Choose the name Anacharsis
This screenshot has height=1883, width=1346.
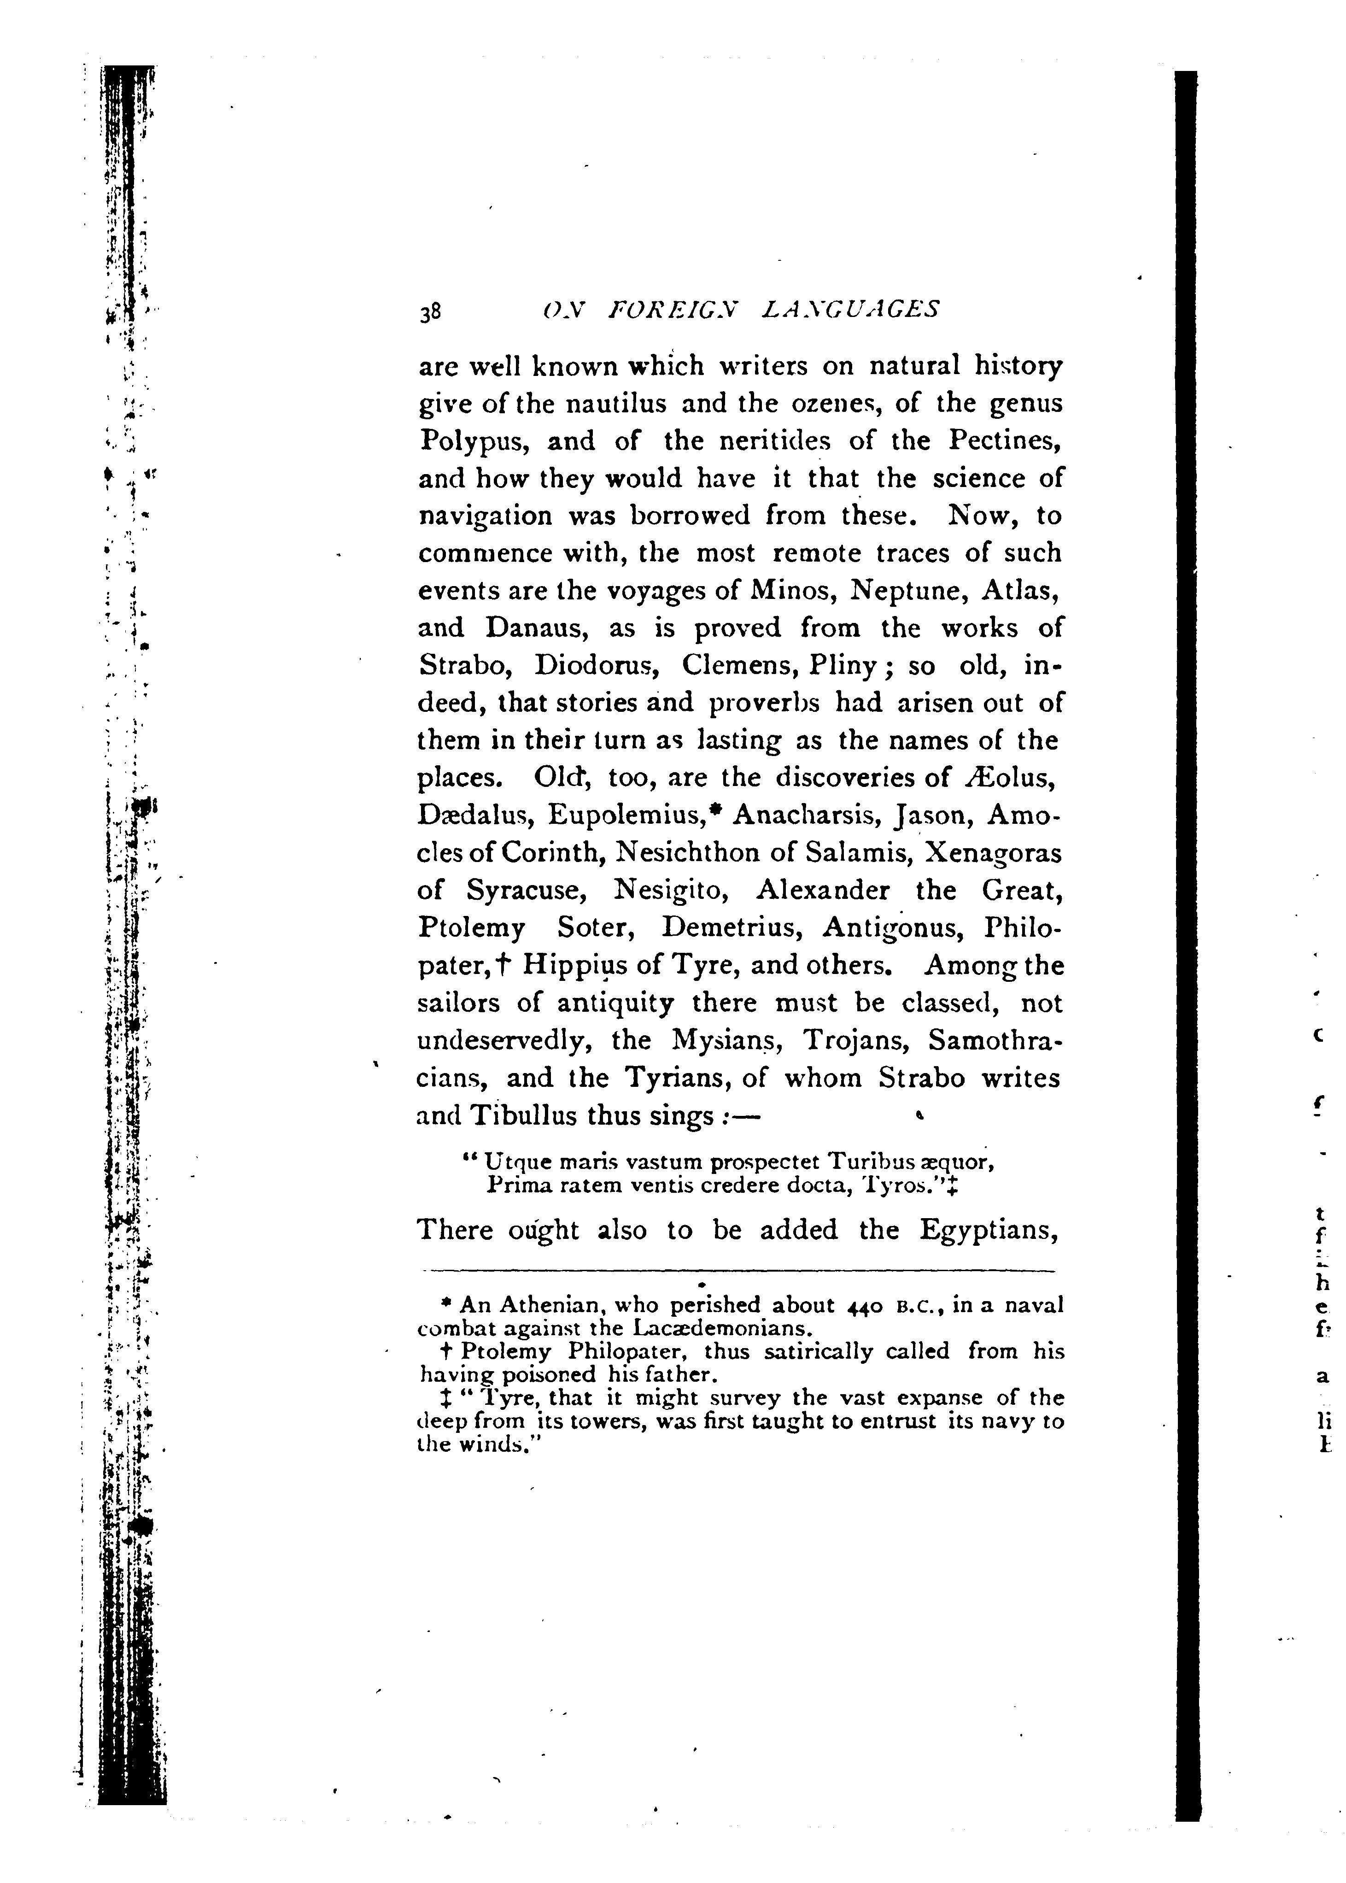click(x=796, y=815)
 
